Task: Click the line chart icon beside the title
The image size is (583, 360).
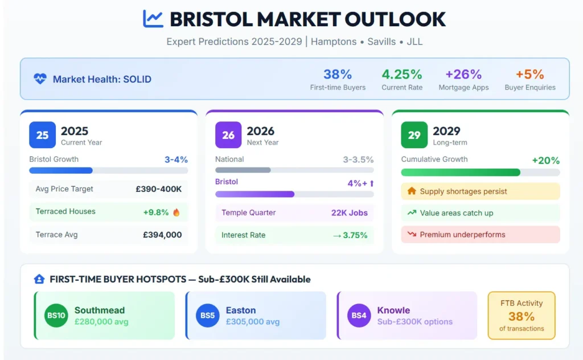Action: point(153,19)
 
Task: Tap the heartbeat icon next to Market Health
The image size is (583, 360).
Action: point(40,79)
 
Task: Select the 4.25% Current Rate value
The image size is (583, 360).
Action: point(402,75)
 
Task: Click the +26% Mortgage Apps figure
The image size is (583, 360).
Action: point(463,75)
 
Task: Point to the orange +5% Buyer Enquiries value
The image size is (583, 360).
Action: point(529,75)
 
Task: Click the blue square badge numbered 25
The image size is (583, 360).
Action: point(43,135)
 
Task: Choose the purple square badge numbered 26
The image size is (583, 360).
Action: point(228,135)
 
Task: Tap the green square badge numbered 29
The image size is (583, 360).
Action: point(414,135)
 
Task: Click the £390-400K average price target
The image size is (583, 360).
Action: point(158,189)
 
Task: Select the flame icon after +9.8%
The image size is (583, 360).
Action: point(176,212)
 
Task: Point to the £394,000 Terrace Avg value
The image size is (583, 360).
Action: point(162,235)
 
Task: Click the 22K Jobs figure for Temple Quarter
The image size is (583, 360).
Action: point(349,213)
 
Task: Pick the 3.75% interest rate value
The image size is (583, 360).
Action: point(355,235)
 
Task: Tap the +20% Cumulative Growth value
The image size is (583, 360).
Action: point(545,161)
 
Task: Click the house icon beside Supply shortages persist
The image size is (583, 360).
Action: point(412,191)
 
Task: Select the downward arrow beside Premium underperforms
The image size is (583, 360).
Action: point(412,235)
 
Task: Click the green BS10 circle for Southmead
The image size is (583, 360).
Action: point(56,316)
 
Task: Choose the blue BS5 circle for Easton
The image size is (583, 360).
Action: point(208,316)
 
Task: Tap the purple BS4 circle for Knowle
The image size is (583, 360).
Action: point(359,316)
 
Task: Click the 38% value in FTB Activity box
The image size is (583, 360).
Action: point(521,316)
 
